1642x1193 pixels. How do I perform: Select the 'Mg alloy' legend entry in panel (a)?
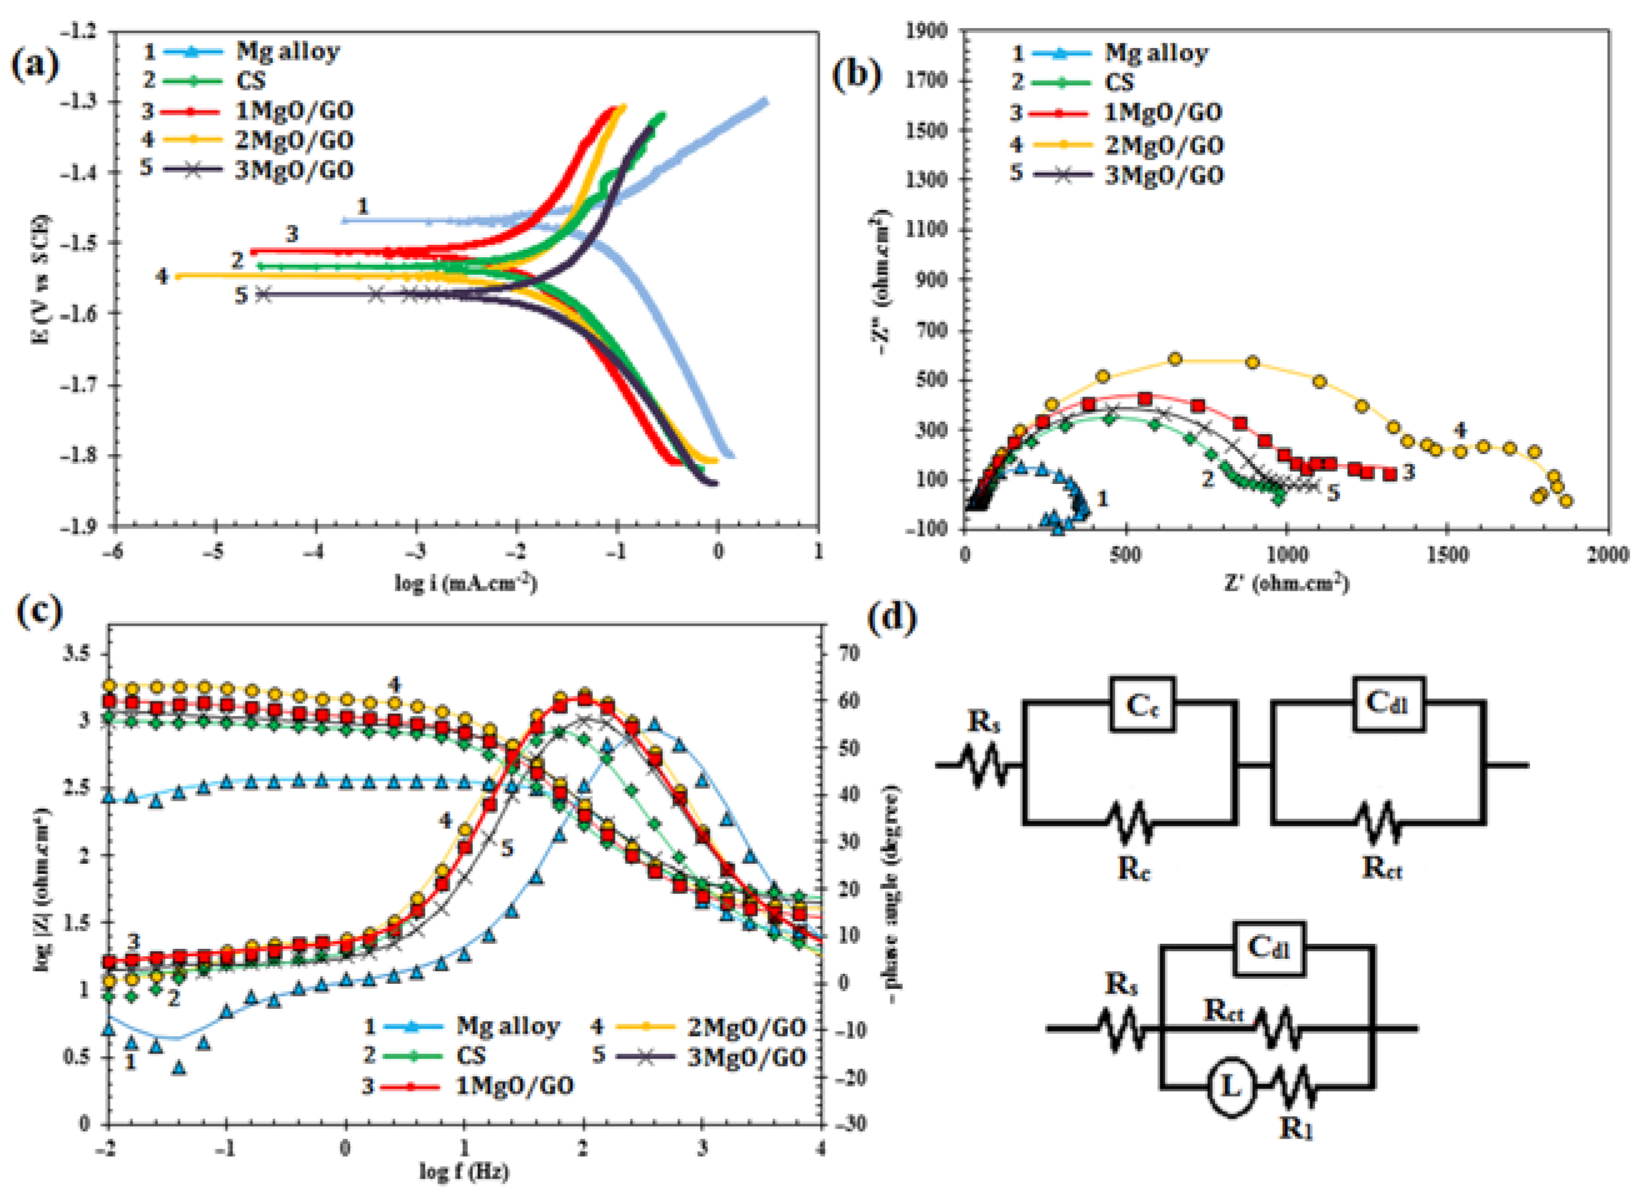click(x=287, y=51)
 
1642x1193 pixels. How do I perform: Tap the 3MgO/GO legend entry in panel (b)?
click(x=1163, y=175)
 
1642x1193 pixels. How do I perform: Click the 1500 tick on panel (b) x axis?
click(x=1447, y=555)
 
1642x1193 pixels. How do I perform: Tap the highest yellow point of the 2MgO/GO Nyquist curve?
click(x=1175, y=359)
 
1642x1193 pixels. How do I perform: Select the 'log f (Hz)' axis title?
click(x=464, y=1171)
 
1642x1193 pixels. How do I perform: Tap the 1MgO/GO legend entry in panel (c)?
click(x=514, y=1086)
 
